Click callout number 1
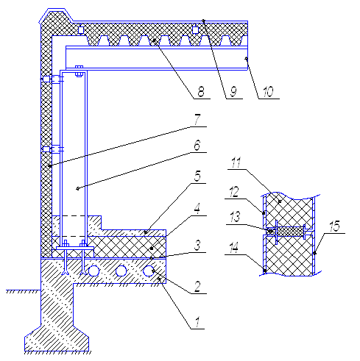point(197,322)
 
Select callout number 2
point(197,287)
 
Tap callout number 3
point(198,246)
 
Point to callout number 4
point(197,209)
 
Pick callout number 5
point(197,176)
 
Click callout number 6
point(197,145)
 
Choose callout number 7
point(197,119)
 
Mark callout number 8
point(201,92)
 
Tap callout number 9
point(233,92)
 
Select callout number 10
point(268,92)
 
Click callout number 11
point(236,162)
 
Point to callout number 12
point(234,193)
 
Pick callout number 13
point(235,217)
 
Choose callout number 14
point(234,248)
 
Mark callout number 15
point(335,226)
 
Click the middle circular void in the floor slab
point(121,271)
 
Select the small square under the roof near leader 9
point(195,30)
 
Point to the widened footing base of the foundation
point(57,340)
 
